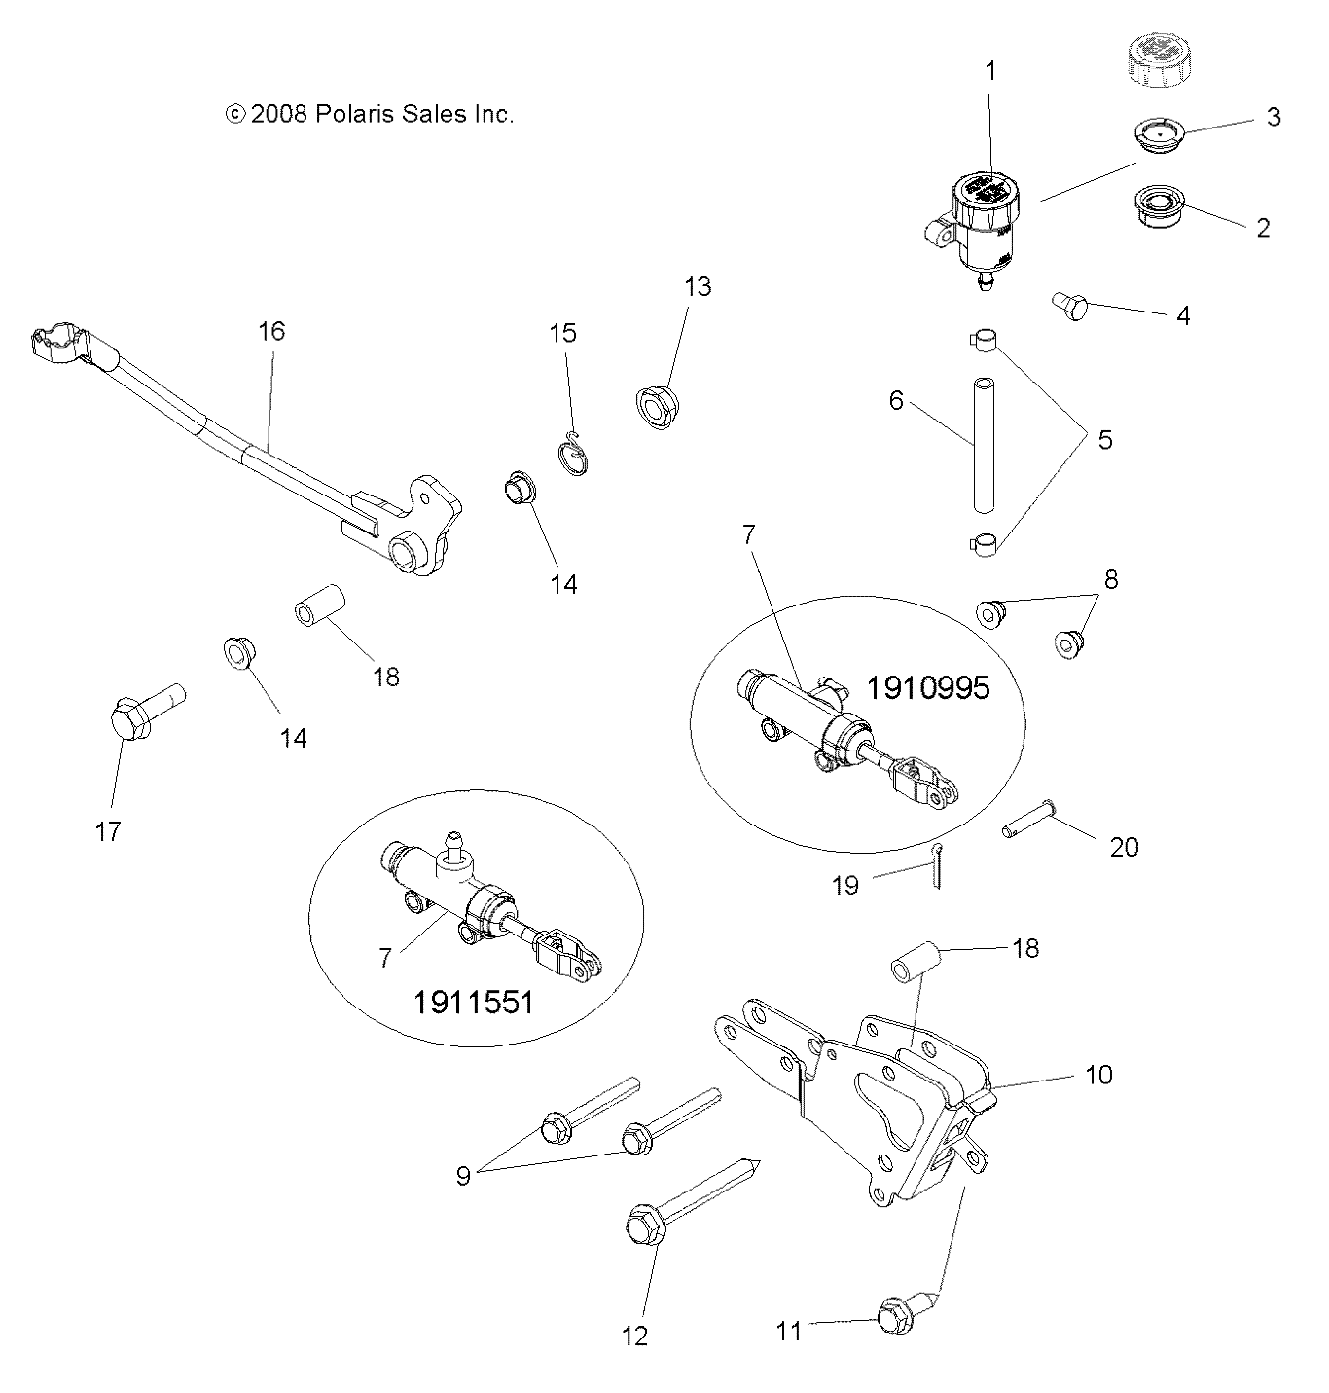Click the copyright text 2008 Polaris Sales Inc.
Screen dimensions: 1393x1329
pyautogui.click(x=369, y=114)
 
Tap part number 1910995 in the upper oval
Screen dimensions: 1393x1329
pyautogui.click(x=927, y=688)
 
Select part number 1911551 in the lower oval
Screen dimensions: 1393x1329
pyautogui.click(x=473, y=1002)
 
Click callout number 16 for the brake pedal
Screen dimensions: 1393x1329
pyautogui.click(x=271, y=331)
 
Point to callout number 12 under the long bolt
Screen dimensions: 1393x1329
pyautogui.click(x=634, y=1336)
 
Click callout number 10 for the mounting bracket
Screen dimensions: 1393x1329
pyautogui.click(x=1098, y=1075)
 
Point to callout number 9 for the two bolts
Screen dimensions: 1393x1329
pyautogui.click(x=463, y=1175)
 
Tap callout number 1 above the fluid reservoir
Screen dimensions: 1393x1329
pyautogui.click(x=990, y=71)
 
